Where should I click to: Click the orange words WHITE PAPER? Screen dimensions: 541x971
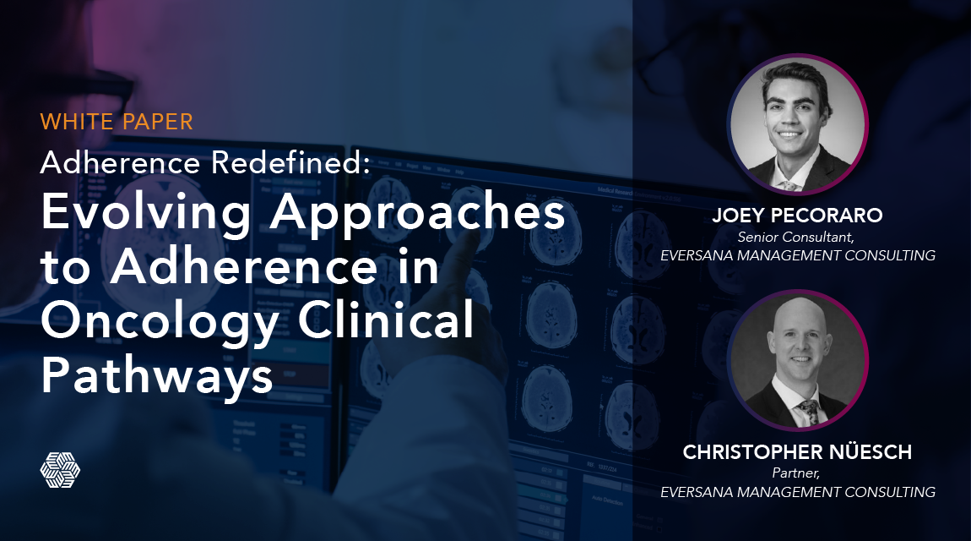point(117,121)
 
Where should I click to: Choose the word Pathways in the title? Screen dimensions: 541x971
point(157,375)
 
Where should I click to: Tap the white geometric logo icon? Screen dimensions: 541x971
point(60,469)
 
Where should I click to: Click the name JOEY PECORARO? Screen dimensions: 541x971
point(797,216)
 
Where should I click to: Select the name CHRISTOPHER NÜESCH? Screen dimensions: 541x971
point(797,452)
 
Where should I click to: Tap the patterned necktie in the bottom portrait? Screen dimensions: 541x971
point(807,413)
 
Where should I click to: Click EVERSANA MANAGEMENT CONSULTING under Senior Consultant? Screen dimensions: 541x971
point(797,255)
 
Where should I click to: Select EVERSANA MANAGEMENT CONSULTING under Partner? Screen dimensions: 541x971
point(797,492)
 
